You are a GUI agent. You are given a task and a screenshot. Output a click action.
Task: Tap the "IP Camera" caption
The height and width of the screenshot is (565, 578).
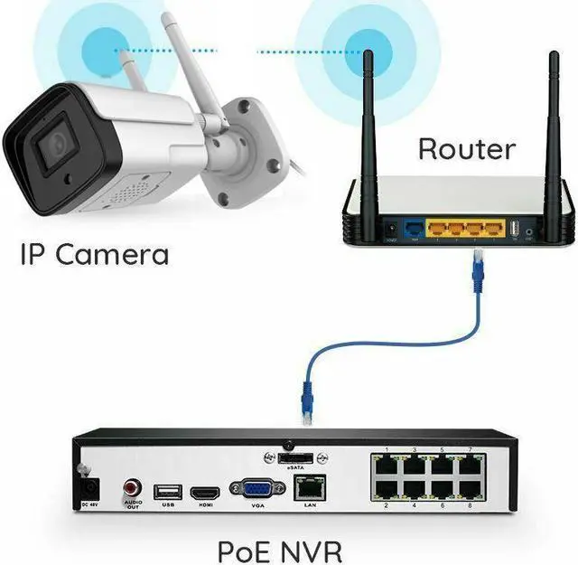pos(94,254)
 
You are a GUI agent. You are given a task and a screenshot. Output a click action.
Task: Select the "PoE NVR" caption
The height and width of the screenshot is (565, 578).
pos(279,551)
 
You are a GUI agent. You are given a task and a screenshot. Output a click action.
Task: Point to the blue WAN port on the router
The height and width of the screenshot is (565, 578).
pos(414,232)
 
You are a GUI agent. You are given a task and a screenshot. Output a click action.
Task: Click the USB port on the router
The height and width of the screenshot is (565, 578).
pos(512,232)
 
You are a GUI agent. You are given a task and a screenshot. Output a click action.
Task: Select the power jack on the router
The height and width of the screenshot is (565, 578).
pos(391,232)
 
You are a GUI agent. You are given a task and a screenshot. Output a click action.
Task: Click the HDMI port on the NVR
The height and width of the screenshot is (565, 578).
pos(205,492)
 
